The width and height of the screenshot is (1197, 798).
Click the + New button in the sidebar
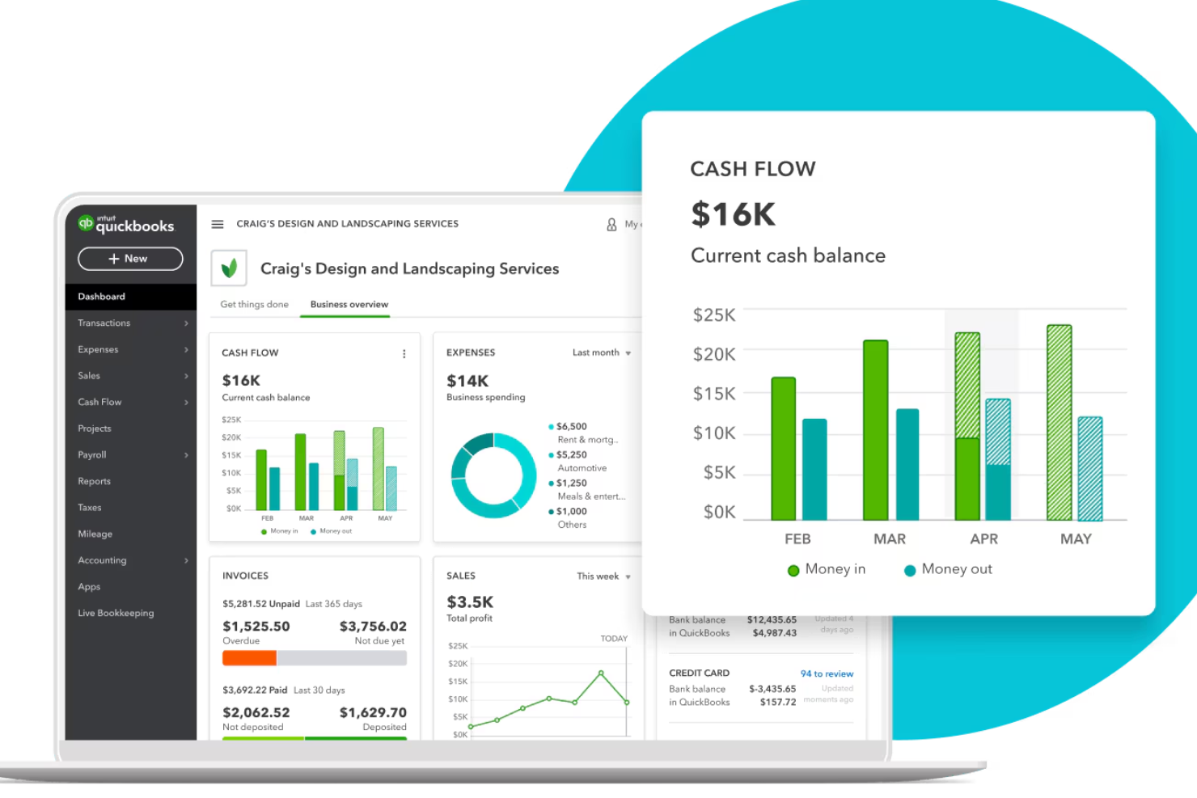click(x=129, y=259)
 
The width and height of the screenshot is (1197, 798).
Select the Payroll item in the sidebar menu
click(x=92, y=455)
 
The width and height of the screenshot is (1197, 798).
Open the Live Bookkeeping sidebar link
click(x=116, y=613)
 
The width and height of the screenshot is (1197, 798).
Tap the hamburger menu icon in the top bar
click(x=218, y=224)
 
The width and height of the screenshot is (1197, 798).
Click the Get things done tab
click(x=254, y=305)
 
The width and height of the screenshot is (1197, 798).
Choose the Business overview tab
click(x=349, y=305)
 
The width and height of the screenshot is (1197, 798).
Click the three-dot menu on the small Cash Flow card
click(x=404, y=354)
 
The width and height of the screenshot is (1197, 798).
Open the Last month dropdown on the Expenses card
click(x=601, y=353)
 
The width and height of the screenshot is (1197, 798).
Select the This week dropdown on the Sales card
click(x=603, y=576)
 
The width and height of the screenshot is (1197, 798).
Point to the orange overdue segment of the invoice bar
click(x=249, y=658)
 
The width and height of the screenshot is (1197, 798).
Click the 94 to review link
click(x=827, y=673)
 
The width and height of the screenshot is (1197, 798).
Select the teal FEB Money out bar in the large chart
click(x=814, y=469)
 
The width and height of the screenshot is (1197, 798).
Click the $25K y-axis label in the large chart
click(x=714, y=315)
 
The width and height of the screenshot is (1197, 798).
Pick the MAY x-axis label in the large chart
click(x=1076, y=539)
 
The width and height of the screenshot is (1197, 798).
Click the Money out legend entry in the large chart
click(x=948, y=569)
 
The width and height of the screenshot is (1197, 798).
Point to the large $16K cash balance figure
click(x=733, y=214)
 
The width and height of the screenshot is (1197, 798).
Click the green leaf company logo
click(x=229, y=268)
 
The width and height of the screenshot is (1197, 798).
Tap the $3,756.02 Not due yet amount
click(x=373, y=627)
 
